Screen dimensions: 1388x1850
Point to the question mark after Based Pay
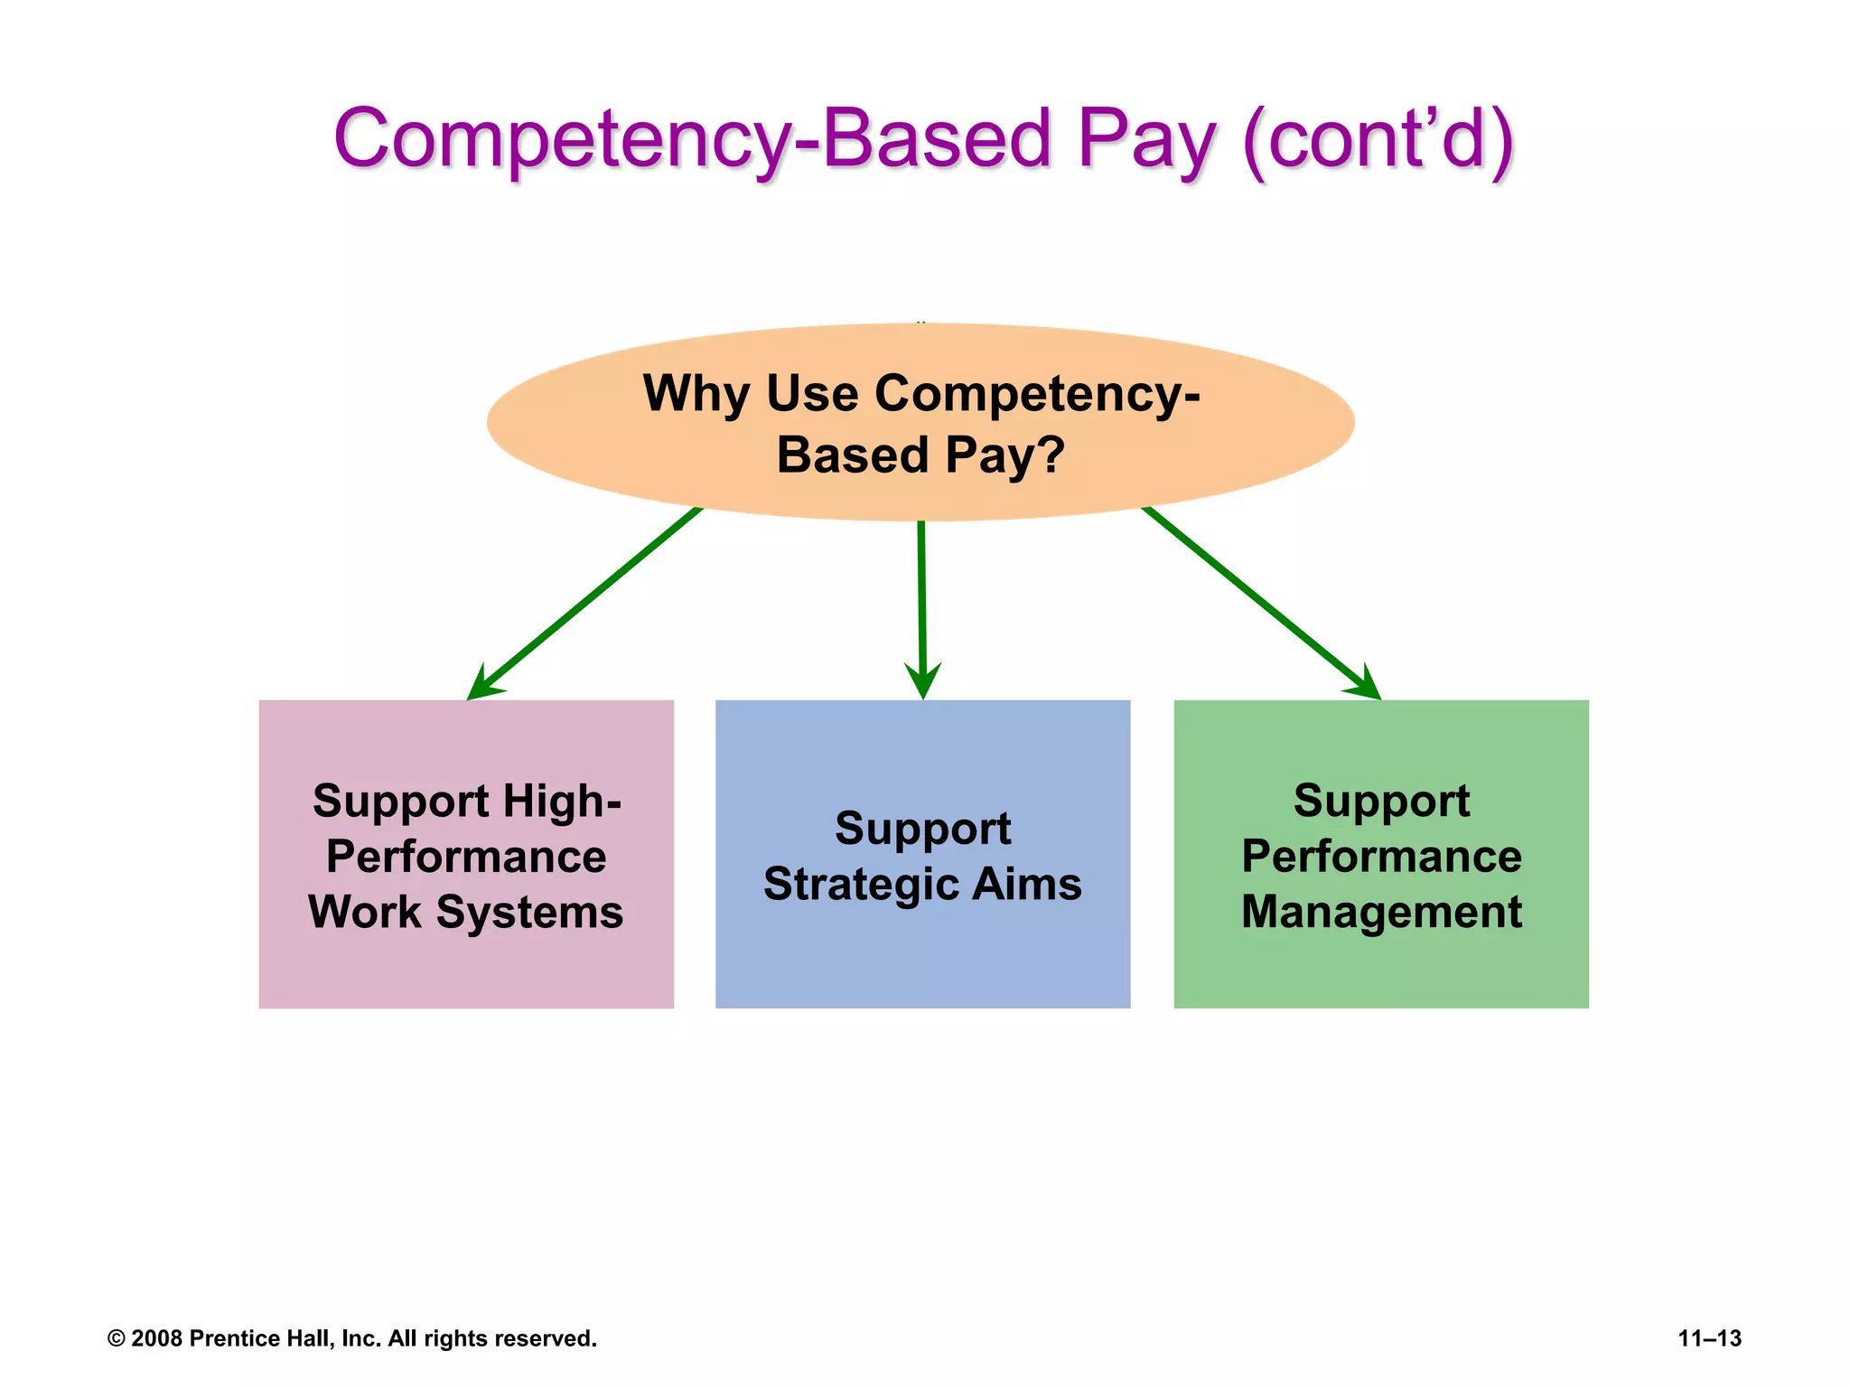coord(1051,455)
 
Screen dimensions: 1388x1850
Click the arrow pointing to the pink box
coord(584,604)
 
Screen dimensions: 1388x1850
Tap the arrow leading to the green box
coord(1261,604)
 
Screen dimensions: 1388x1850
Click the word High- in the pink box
coord(561,802)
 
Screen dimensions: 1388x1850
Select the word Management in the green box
coord(1381,912)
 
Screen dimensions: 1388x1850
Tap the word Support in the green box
coord(1381,802)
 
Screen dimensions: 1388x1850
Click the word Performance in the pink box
coord(466,857)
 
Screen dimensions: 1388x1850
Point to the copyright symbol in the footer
coord(117,1338)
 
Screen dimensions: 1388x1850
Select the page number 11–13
coord(1709,1338)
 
